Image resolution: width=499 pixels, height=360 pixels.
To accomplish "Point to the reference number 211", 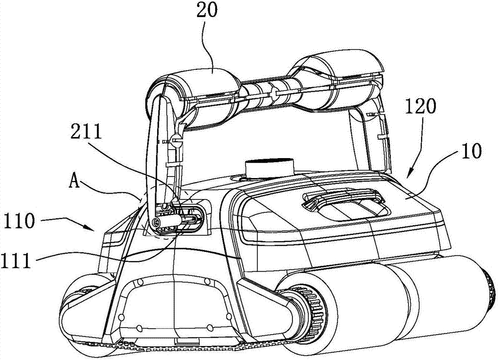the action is point(86,131).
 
